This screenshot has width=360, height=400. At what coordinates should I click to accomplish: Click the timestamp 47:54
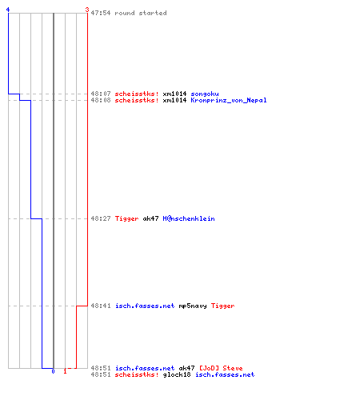click(x=101, y=13)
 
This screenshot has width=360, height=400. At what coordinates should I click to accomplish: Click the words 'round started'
click(x=141, y=13)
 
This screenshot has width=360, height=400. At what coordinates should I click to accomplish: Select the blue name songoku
click(x=205, y=94)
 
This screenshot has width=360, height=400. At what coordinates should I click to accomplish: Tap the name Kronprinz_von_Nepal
click(x=229, y=100)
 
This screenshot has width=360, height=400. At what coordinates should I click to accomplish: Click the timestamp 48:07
click(x=101, y=94)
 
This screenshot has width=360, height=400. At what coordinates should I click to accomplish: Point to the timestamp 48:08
click(x=101, y=100)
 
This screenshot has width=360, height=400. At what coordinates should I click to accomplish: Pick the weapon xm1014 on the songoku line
click(x=174, y=94)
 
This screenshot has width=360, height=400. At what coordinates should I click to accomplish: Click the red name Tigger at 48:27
click(x=126, y=218)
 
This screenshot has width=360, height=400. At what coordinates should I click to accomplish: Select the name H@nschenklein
click(x=189, y=218)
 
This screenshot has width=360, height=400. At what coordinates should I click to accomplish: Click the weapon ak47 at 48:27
click(x=150, y=218)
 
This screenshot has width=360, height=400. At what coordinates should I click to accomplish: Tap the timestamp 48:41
click(x=101, y=306)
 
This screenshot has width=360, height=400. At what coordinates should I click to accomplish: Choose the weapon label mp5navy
click(x=193, y=306)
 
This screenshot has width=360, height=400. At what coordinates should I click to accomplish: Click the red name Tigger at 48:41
click(x=222, y=306)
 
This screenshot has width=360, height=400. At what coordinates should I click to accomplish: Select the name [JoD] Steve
click(x=221, y=368)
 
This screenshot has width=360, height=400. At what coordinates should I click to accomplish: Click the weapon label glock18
click(x=177, y=374)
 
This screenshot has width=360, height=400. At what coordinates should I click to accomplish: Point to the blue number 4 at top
click(x=8, y=10)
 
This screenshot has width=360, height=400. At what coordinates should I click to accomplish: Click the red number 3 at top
click(x=87, y=10)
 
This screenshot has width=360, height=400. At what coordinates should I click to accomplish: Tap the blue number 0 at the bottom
click(x=53, y=371)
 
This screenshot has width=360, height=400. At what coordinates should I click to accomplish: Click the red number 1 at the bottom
click(x=65, y=371)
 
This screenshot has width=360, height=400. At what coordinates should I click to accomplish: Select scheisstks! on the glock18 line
click(x=137, y=374)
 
